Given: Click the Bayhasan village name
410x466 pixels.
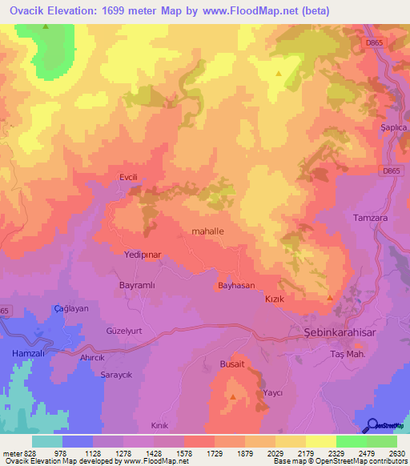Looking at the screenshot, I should pyautogui.click(x=236, y=285).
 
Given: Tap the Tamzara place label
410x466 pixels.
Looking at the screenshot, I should pyautogui.click(x=369, y=218).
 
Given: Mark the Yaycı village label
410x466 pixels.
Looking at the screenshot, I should pyautogui.click(x=273, y=394).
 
